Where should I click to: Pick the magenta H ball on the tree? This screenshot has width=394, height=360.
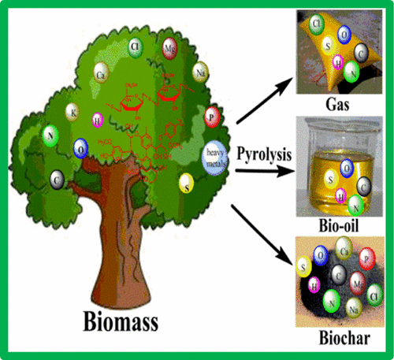pyautogui.click(x=98, y=121)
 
